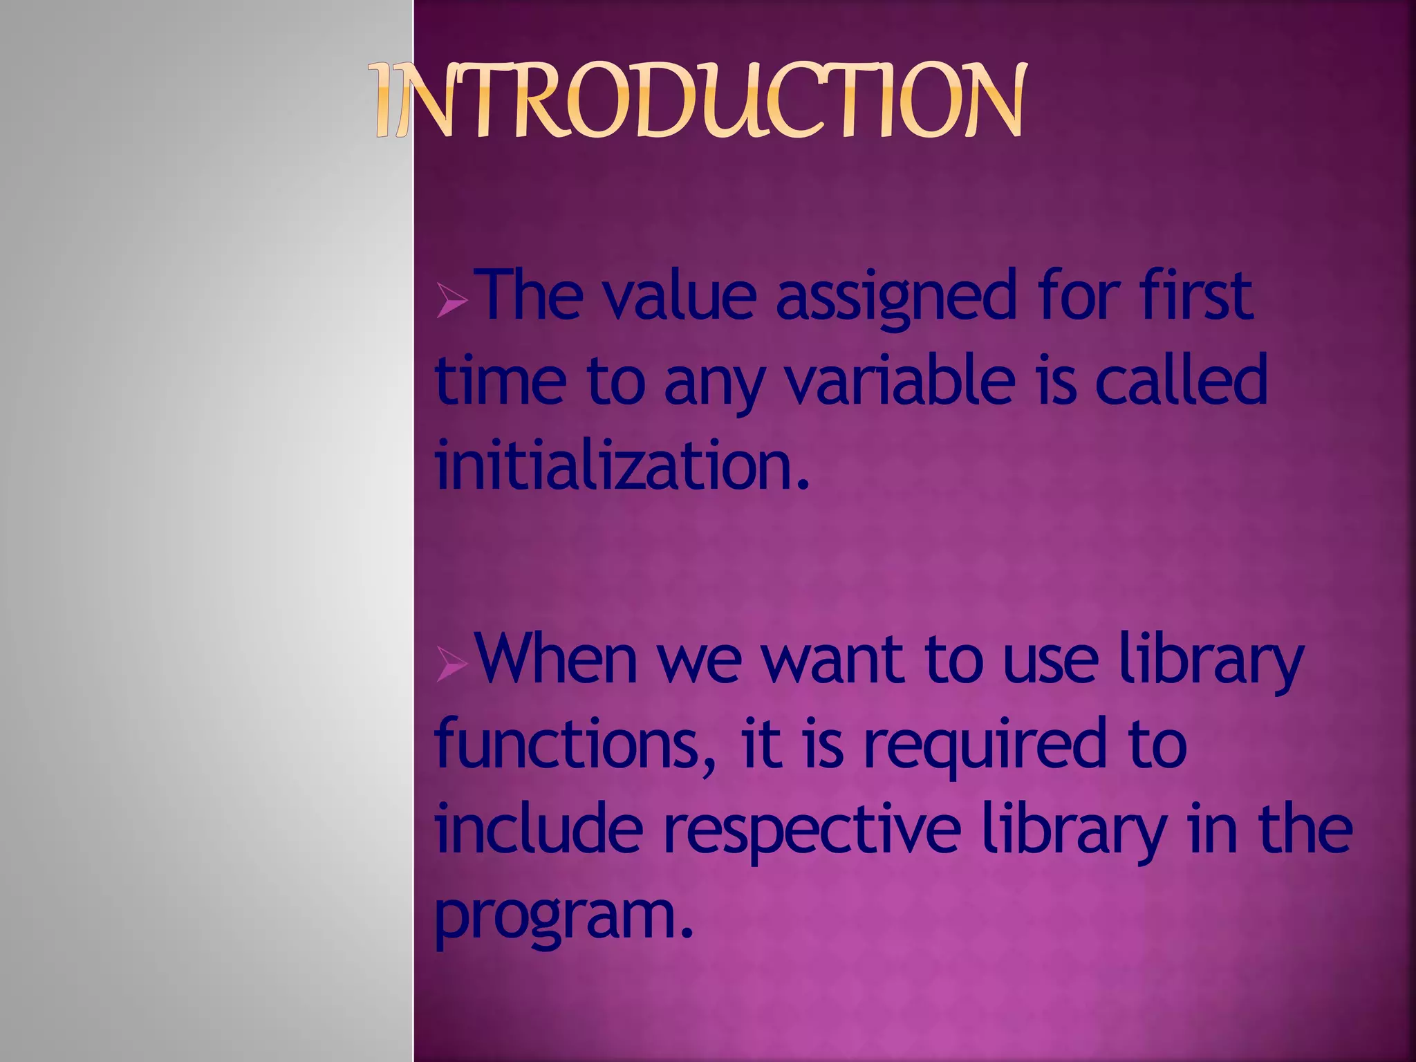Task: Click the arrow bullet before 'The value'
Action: [451, 303]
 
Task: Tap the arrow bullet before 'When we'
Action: [451, 667]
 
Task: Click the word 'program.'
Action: [563, 916]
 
